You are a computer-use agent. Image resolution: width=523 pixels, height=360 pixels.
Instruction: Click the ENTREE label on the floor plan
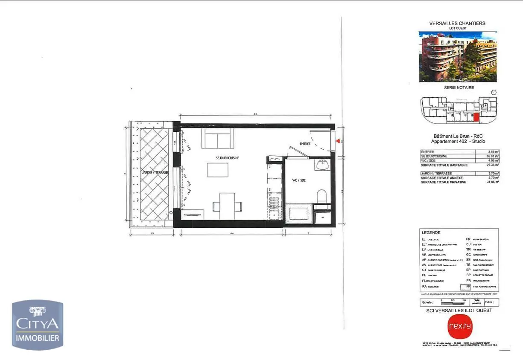305,144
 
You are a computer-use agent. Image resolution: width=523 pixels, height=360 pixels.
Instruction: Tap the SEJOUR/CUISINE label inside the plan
228,158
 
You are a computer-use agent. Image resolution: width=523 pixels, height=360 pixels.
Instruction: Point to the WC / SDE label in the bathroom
299,180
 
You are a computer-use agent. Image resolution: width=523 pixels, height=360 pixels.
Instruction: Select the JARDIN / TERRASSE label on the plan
155,172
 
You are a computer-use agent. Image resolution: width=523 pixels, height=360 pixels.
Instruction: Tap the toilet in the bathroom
322,196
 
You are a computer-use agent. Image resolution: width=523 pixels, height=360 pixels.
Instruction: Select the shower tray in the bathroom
298,213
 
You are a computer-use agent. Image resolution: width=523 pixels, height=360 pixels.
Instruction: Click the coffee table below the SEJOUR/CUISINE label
218,170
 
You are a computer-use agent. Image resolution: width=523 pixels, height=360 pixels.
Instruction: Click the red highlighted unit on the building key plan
476,118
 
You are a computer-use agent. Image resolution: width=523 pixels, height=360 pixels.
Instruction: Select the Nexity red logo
460,327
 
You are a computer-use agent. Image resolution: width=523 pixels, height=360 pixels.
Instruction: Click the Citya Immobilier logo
38,325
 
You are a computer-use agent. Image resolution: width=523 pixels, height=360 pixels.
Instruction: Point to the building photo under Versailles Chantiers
458,56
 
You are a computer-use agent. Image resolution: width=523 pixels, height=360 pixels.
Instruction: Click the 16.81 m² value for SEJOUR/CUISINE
494,156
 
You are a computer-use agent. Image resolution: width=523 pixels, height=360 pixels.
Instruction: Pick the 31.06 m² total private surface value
493,182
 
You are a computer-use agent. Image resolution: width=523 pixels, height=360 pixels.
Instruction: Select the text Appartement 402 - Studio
458,142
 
